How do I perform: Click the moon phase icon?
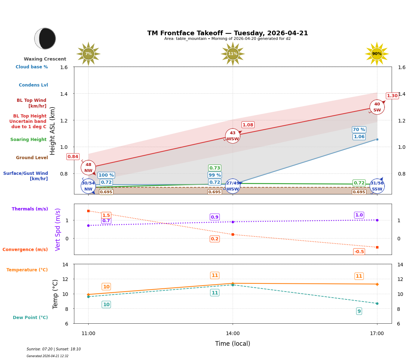45,38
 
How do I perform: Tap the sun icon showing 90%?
377,54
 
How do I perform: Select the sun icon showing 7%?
88,54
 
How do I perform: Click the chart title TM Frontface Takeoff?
228,33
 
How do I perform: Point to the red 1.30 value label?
392,96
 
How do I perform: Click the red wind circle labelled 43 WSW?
233,136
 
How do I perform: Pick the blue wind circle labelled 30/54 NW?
88,186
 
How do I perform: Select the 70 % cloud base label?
359,130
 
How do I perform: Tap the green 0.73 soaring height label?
214,168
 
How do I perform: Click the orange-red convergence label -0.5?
359,252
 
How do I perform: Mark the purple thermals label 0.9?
214,217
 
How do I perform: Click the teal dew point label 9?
359,311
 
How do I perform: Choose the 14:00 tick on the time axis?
233,333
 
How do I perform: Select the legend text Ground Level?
32,158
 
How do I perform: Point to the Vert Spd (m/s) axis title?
58,229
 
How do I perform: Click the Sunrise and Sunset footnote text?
54,349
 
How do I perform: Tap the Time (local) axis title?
233,344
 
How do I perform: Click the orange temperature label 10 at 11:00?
106,287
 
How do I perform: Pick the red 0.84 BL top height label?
73,157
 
